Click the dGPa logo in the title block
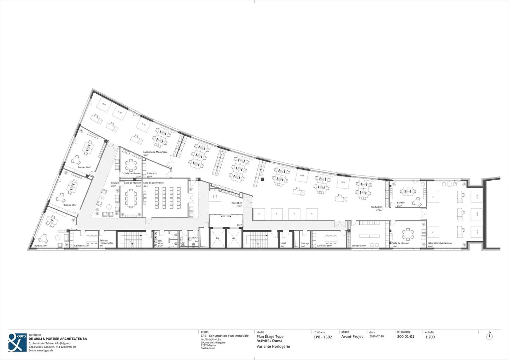[17, 342]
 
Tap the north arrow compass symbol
[490, 336]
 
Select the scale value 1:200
[430, 337]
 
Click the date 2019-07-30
[376, 337]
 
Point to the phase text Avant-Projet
[352, 337]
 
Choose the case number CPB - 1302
[322, 337]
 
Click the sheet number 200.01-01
[405, 337]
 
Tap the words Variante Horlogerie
[273, 347]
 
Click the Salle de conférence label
[153, 183]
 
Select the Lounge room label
[115, 183]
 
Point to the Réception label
[237, 203]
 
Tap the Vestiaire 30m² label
[358, 246]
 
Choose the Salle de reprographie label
[106, 242]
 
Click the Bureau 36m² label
[84, 167]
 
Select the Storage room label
[305, 244]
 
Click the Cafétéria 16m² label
[324, 246]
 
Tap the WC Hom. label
[160, 242]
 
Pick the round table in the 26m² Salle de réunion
[408, 233]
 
